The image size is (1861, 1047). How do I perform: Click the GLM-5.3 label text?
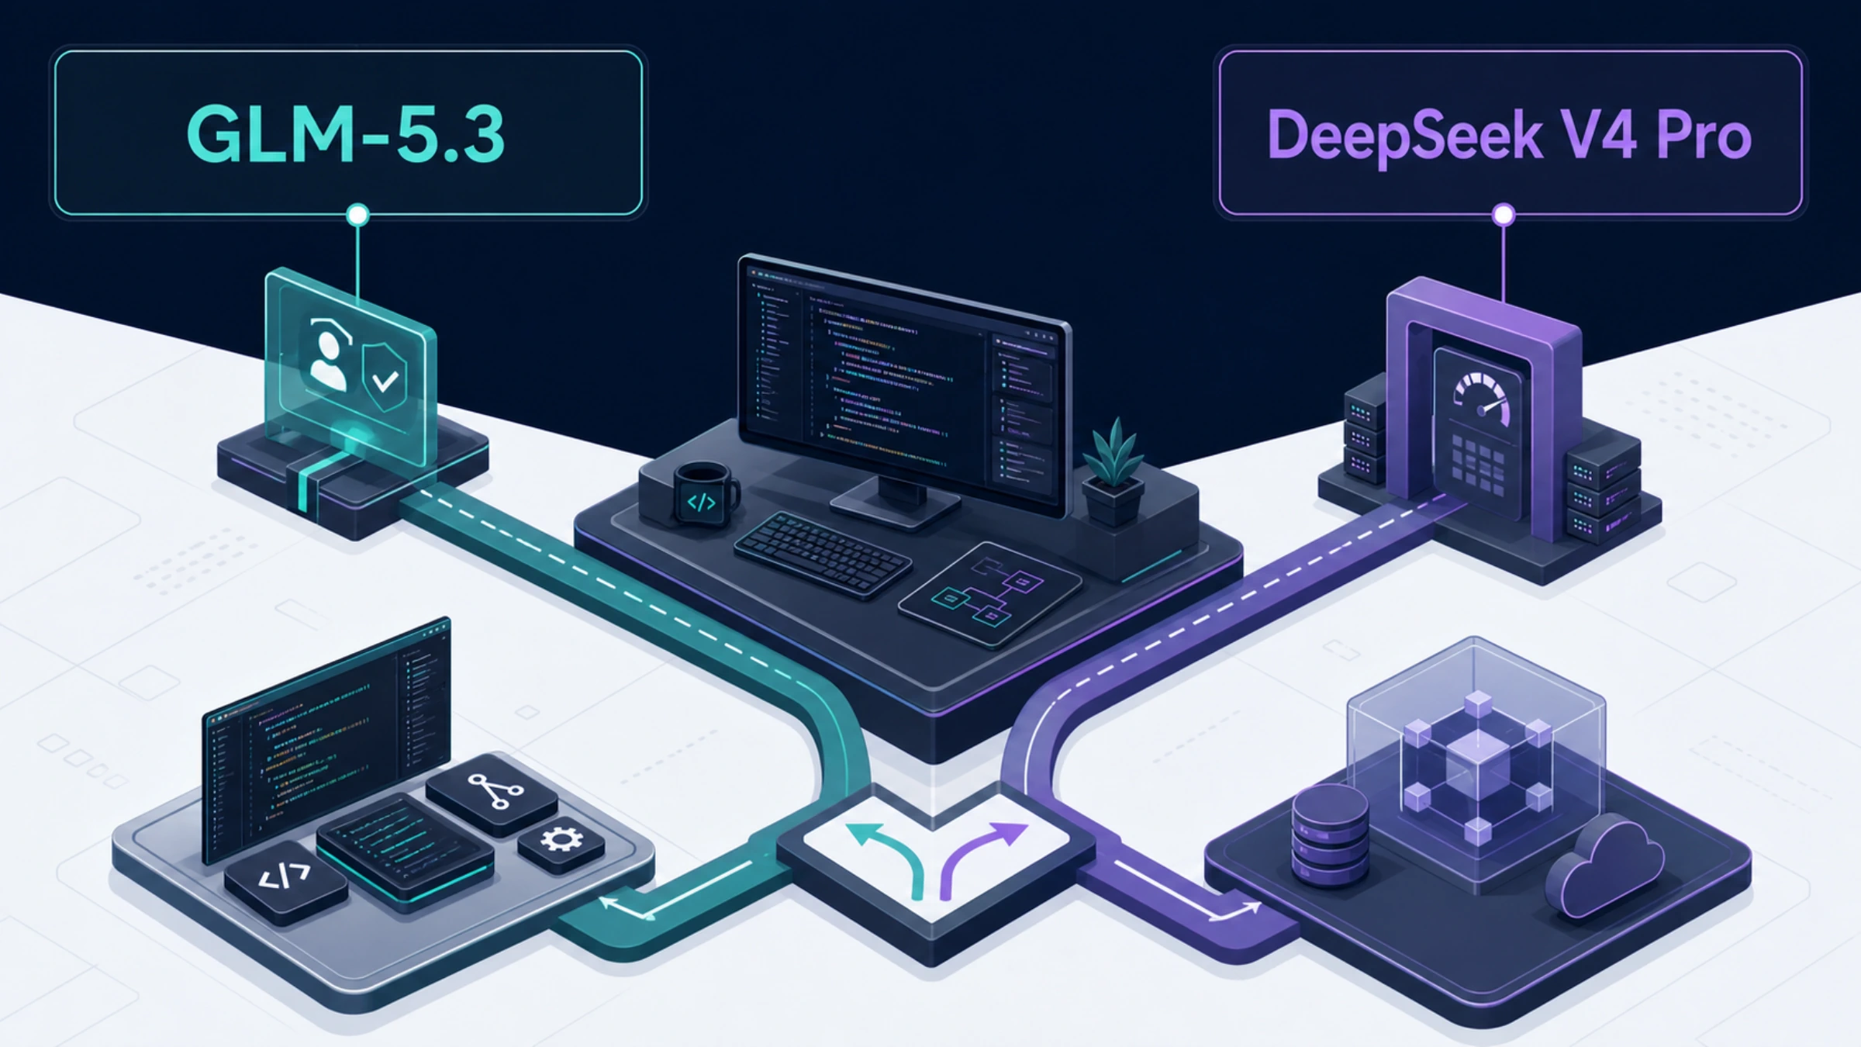tap(346, 134)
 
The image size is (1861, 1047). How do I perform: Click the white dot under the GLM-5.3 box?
tap(357, 214)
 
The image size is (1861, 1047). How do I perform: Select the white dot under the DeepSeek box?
tap(1504, 214)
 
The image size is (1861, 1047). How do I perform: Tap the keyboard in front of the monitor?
tap(823, 554)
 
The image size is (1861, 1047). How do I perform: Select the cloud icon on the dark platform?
tap(1605, 866)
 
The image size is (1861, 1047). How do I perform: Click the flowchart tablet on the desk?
tap(989, 594)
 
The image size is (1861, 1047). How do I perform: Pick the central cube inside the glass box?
tap(1477, 765)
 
